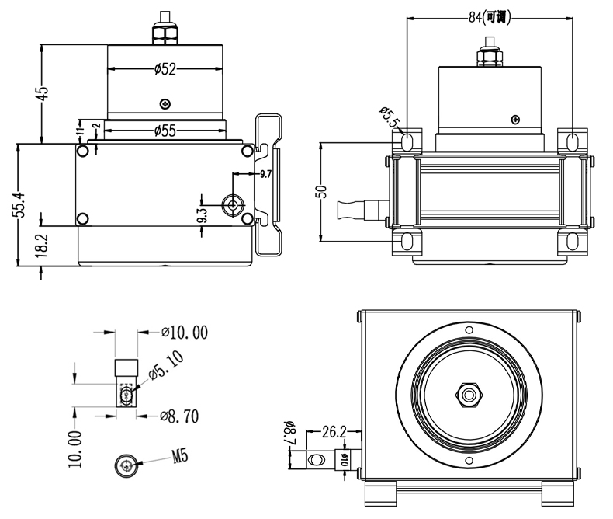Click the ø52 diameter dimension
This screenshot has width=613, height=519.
click(x=165, y=69)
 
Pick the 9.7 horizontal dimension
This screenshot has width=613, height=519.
click(x=265, y=173)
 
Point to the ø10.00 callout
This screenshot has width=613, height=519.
click(x=185, y=333)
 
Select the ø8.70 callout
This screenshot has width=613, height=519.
click(x=178, y=416)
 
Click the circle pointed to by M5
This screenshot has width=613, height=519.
click(x=127, y=465)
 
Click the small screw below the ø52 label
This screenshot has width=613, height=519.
click(x=163, y=104)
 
